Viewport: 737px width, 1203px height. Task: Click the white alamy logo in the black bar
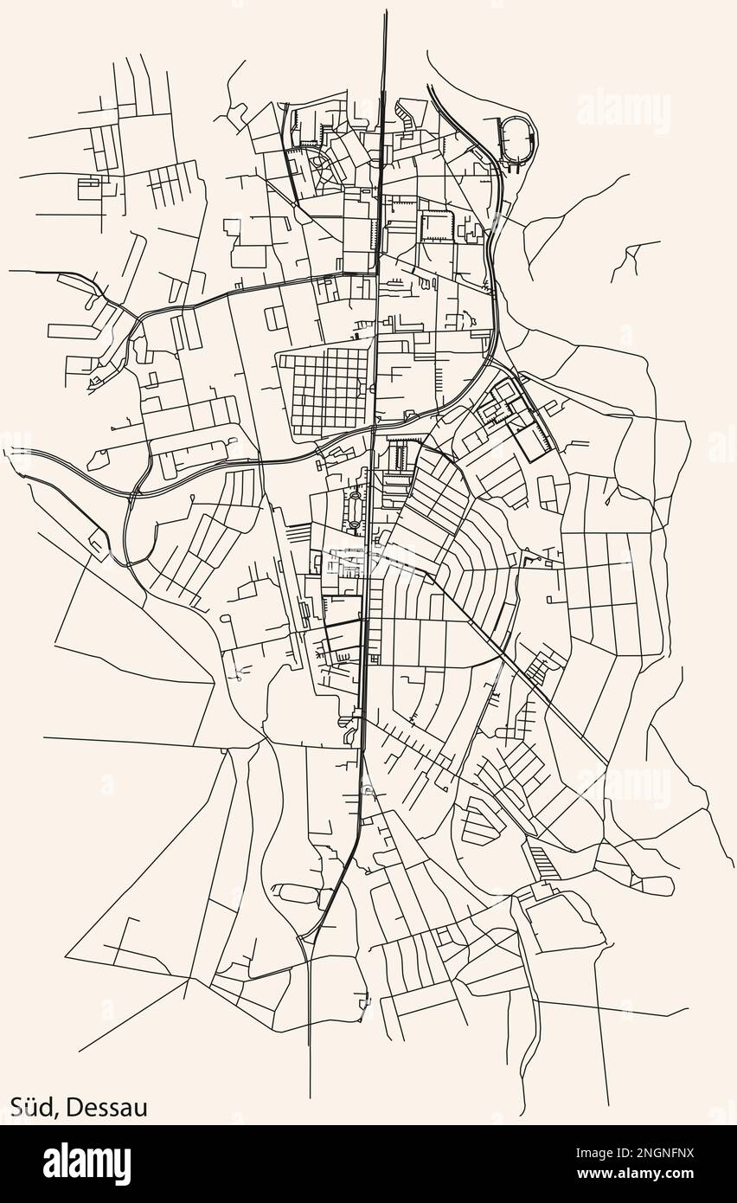coord(87,1164)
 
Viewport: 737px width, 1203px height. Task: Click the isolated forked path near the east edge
coord(634,255)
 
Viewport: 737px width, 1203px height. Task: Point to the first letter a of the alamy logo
coord(52,1166)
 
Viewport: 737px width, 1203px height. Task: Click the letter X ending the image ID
coord(689,1153)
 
